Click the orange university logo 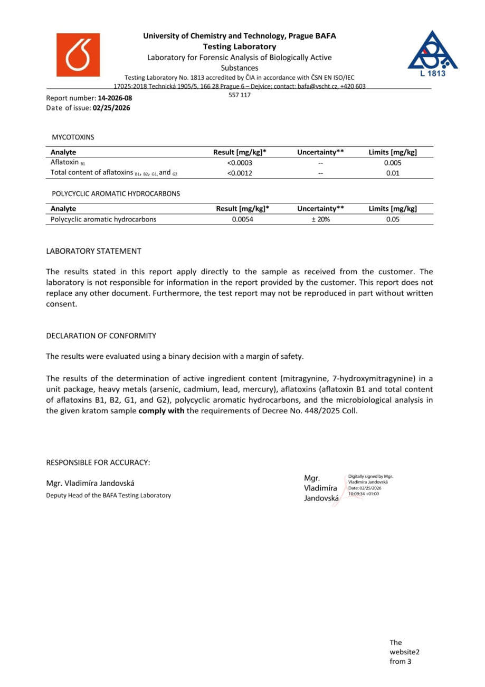tap(78, 55)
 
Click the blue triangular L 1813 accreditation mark tap(432, 53)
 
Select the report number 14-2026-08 tap(115, 98)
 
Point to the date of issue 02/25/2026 tap(111, 108)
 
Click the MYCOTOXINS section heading tap(73, 137)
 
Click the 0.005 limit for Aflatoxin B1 tap(393, 163)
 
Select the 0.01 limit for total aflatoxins tap(393, 173)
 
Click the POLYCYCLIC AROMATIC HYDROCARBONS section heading tap(116, 194)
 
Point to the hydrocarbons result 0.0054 tap(243, 219)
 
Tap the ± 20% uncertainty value tap(320, 219)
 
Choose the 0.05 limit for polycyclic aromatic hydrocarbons tap(393, 219)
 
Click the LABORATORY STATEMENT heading tap(93, 251)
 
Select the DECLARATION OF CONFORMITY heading tap(101, 336)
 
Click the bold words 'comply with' tap(161, 411)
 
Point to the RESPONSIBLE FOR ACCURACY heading tap(98, 462)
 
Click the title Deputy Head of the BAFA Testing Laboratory tap(109, 495)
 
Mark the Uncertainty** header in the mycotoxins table tap(320, 152)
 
